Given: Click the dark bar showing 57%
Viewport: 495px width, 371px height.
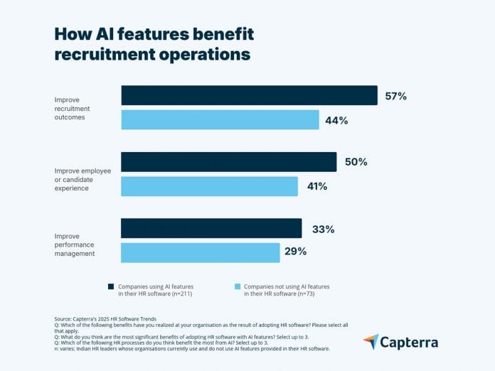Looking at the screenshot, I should click(x=249, y=95).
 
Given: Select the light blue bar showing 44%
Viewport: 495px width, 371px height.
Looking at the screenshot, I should click(x=220, y=120).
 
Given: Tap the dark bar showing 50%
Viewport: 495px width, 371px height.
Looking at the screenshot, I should click(x=228, y=161).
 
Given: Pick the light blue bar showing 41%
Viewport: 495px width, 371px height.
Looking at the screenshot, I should click(x=209, y=186).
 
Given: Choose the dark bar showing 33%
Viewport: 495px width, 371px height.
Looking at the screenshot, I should click(x=211, y=228).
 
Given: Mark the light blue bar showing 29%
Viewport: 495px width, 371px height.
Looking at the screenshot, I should click(x=200, y=252).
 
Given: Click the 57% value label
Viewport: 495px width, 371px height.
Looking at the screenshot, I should click(x=395, y=96).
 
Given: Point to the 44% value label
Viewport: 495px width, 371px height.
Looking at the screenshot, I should click(x=336, y=121).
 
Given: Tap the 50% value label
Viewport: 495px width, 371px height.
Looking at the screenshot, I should click(x=356, y=162).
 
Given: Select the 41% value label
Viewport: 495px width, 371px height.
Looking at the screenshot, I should click(x=316, y=187).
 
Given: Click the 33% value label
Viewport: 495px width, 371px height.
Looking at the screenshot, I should click(x=323, y=229).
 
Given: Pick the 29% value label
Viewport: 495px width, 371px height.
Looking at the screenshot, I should click(x=295, y=252).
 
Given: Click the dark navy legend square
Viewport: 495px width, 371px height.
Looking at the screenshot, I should click(x=111, y=287).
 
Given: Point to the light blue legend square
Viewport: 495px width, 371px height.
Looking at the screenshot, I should click(x=237, y=287).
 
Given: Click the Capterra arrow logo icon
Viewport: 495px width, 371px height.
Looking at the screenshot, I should click(x=371, y=342).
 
